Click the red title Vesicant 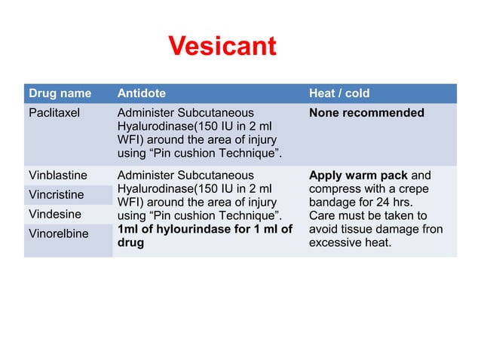click(222, 47)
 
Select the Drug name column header click(60, 93)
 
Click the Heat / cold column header click(339, 93)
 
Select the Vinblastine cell click(57, 175)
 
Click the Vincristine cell click(56, 194)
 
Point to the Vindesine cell click(54, 214)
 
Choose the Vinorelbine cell click(58, 233)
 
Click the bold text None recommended click(366, 113)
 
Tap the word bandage click(333, 203)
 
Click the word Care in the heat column click(323, 216)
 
